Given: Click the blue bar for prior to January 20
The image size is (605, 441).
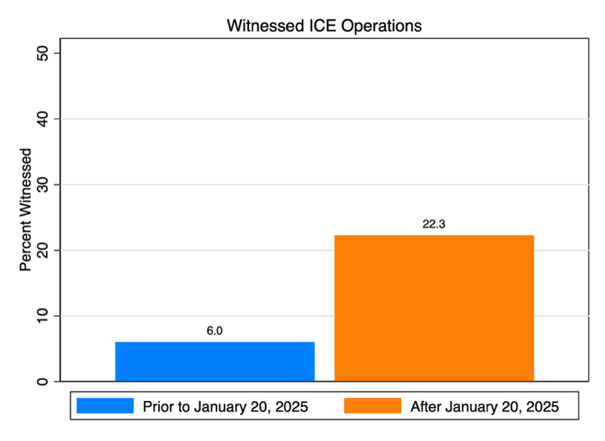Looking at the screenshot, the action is (x=215, y=362).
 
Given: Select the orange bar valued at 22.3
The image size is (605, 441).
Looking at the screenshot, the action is (x=434, y=308).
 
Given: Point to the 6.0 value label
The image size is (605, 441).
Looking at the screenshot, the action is (x=214, y=331).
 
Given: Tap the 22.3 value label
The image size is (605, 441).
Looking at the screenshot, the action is (x=434, y=223).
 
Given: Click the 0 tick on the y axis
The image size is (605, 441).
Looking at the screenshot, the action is (x=42, y=382).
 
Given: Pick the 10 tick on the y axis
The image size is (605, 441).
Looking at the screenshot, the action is (x=42, y=316).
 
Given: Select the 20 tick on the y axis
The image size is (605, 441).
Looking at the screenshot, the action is (x=42, y=250).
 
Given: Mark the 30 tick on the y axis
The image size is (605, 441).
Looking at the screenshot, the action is (x=42, y=184).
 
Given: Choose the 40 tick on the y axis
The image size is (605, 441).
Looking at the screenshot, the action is (x=42, y=119).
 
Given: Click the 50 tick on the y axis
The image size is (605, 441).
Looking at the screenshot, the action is (x=42, y=53).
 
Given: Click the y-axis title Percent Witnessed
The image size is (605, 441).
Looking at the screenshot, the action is (x=25, y=210).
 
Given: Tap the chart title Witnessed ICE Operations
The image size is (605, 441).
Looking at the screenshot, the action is (x=324, y=26).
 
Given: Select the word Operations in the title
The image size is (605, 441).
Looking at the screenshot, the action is (x=381, y=26).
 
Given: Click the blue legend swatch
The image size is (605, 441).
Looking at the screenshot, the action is (x=105, y=406).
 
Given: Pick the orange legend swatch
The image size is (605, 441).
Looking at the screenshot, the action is (x=373, y=406).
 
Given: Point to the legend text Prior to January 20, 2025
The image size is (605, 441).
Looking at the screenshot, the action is (x=225, y=407).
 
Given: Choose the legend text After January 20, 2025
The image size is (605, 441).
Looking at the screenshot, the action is (x=485, y=407).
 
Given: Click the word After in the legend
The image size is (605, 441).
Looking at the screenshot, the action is (x=426, y=407).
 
